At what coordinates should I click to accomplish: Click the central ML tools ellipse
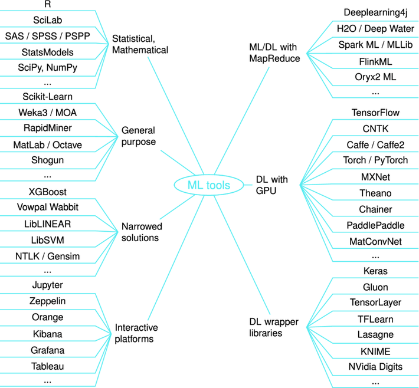tap(208, 185)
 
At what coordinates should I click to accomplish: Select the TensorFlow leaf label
tap(375, 112)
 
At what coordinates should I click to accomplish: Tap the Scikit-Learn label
tap(47, 96)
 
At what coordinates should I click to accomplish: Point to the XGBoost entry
tap(47, 192)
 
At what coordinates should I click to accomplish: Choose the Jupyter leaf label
tap(47, 285)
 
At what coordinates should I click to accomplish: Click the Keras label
tap(375, 271)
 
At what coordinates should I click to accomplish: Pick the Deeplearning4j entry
tap(375, 12)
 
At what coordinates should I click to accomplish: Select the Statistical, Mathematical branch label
tap(140, 44)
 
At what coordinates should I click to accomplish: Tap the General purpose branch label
tap(139, 136)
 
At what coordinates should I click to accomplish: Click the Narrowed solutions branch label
tap(142, 232)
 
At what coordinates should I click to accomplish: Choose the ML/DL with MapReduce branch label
tap(275, 52)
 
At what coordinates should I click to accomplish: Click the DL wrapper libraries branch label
tap(273, 327)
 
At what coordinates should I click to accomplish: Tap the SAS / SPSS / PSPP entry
tap(47, 35)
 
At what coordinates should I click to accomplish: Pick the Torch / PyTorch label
tap(375, 160)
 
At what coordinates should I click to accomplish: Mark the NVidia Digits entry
tap(375, 367)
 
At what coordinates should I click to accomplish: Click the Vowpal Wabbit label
tap(47, 208)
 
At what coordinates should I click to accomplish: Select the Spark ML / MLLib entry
tap(375, 44)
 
